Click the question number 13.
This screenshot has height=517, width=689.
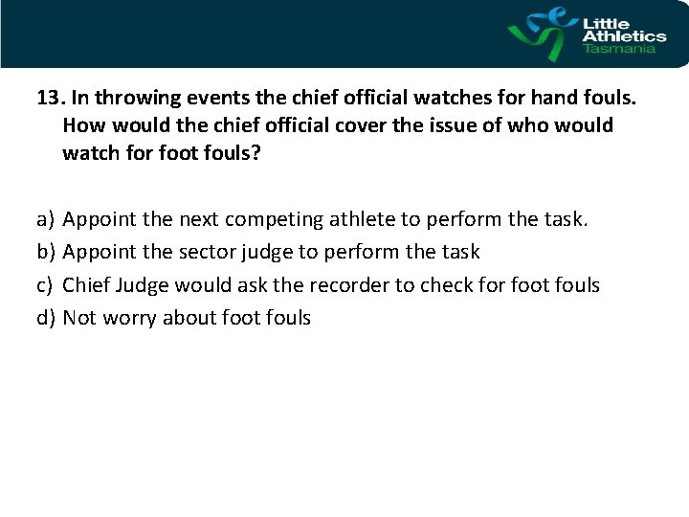click(47, 98)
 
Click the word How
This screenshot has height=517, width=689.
click(83, 125)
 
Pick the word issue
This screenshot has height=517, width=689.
click(419, 125)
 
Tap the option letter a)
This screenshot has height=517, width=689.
click(45, 220)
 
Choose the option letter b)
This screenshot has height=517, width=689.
click(45, 253)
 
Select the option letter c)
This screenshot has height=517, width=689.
click(45, 285)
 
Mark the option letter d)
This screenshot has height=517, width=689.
click(45, 318)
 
